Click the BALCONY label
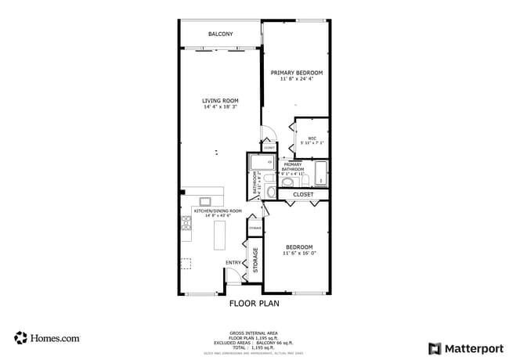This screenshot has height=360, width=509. [220, 34]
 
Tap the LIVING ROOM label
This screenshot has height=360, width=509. [220, 101]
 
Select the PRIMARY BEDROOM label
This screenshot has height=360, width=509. [297, 72]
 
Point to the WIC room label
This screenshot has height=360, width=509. [311, 138]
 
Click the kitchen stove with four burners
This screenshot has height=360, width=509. [186, 227]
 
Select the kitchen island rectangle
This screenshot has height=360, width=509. [219, 235]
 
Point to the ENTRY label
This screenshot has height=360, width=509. [233, 262]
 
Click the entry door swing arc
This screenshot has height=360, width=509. [233, 274]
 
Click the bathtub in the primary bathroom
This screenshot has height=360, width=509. [321, 172]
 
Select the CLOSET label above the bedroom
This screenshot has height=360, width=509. [303, 194]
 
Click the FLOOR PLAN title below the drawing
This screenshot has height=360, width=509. [254, 303]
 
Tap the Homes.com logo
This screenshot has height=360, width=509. [47, 338]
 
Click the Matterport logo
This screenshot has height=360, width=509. [466, 348]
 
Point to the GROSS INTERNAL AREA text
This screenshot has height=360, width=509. [254, 332]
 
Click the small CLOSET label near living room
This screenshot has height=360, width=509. [269, 147]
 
